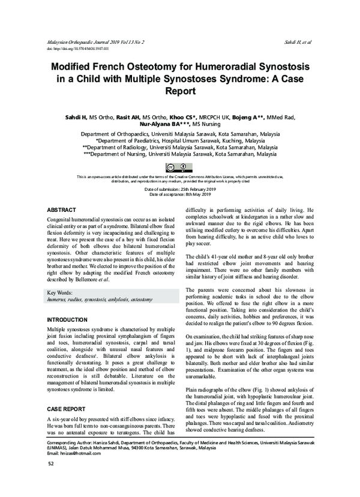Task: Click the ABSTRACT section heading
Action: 61,209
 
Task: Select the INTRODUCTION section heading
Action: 67,320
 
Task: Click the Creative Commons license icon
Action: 179,167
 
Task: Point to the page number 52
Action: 51,480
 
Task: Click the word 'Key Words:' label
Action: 61,292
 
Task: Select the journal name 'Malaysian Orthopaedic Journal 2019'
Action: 90,43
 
